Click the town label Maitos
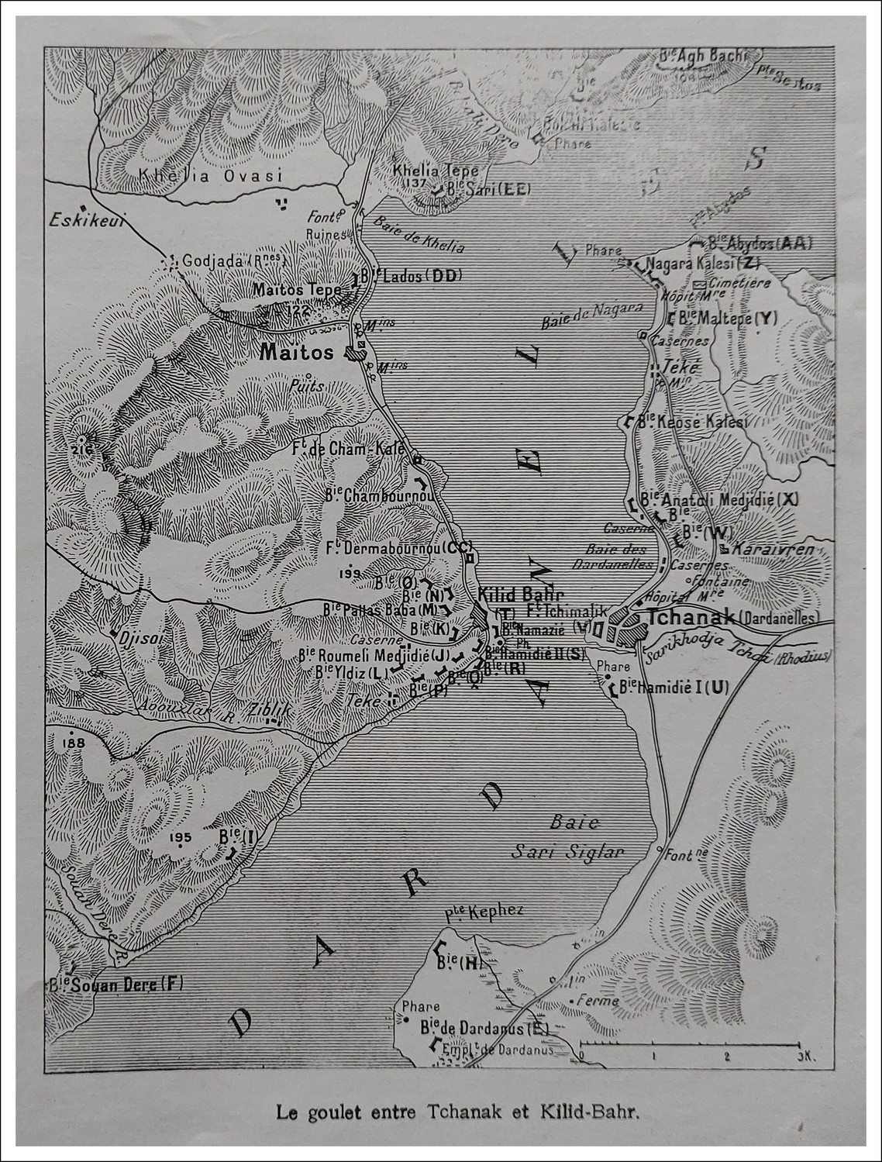click(296, 353)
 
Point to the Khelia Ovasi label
click(211, 175)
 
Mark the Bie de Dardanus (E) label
click(484, 1029)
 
